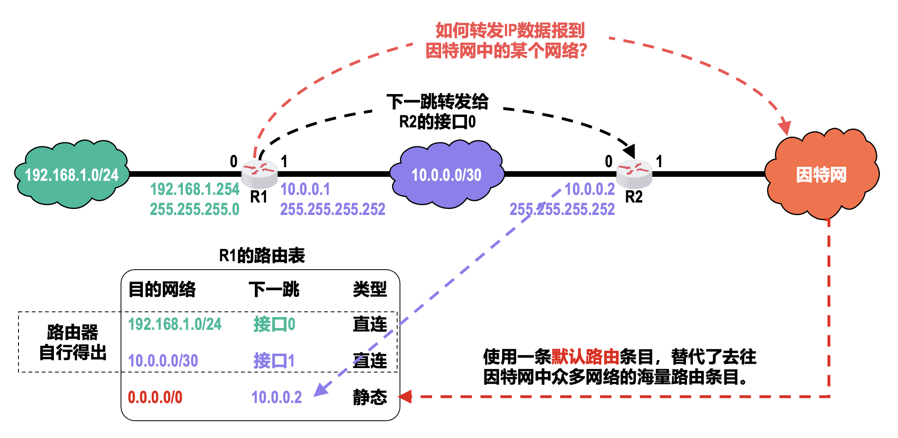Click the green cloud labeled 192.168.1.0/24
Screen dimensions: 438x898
pyautogui.click(x=72, y=174)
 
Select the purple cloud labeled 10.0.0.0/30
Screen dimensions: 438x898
pyautogui.click(x=446, y=174)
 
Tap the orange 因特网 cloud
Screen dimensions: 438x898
pyautogui.click(x=821, y=174)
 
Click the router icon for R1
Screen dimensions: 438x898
pyautogui.click(x=259, y=174)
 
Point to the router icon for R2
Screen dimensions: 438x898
pyautogui.click(x=634, y=174)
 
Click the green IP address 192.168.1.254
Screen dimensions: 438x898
pyautogui.click(x=195, y=189)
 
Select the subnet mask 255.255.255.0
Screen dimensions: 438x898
pyautogui.click(x=195, y=209)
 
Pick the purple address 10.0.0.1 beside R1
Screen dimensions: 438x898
pyautogui.click(x=305, y=189)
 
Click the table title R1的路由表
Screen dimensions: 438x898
pyautogui.click(x=262, y=256)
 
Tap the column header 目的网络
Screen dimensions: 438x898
pyautogui.click(x=162, y=289)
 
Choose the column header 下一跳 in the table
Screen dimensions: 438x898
pyautogui.click(x=274, y=289)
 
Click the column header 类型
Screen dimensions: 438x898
pyautogui.click(x=370, y=289)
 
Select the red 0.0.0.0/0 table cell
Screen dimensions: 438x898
pyautogui.click(x=155, y=397)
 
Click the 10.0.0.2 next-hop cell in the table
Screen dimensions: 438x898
pyautogui.click(x=277, y=397)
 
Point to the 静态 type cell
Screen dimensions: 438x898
pyautogui.click(x=370, y=397)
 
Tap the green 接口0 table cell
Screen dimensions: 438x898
pyautogui.click(x=274, y=324)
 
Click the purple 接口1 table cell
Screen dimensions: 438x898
pyautogui.click(x=274, y=360)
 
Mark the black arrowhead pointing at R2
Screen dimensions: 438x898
pyautogui.click(x=629, y=151)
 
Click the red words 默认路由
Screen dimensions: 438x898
pyautogui.click(x=585, y=356)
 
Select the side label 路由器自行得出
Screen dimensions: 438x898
pyautogui.click(x=73, y=342)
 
